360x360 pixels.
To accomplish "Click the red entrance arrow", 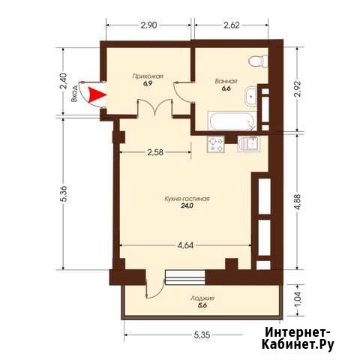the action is click(96, 94).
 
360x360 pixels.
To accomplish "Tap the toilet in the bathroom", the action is click(258, 61).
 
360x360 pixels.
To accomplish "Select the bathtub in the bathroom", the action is click(232, 121).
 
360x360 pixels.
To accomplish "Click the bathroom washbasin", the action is click(250, 97).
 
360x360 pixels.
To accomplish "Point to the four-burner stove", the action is click(215, 144).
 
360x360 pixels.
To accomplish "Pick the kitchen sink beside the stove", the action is click(249, 144).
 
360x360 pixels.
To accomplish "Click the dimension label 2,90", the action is click(148, 25).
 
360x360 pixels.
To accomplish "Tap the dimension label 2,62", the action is click(232, 25).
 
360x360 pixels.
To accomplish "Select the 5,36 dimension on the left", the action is click(64, 193).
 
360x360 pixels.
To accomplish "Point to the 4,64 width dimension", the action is click(185, 245).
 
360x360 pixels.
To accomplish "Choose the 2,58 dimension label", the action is click(155, 152).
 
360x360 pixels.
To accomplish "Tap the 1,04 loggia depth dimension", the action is click(299, 300).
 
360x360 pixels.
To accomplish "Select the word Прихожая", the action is click(148, 76).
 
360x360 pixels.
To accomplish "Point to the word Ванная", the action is click(226, 81).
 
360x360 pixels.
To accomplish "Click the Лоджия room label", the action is click(202, 298).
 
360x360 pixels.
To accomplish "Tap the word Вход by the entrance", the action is click(74, 93).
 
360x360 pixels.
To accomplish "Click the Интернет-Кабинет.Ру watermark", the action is click(298, 338).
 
